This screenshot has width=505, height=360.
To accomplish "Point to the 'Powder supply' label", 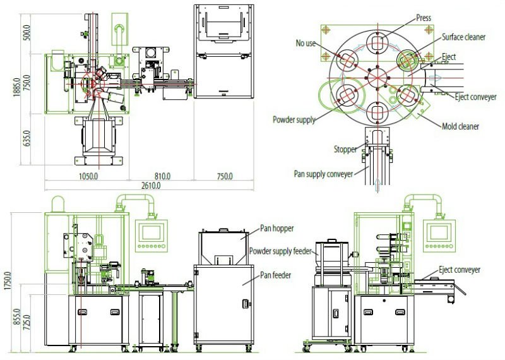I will (x=294, y=119).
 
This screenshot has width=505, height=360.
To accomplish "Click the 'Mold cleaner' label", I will (x=460, y=126).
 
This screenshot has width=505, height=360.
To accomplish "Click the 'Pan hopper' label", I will (x=278, y=228).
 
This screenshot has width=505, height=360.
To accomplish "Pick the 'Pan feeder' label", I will (x=276, y=275).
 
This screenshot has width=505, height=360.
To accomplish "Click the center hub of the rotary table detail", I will (x=377, y=75).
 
